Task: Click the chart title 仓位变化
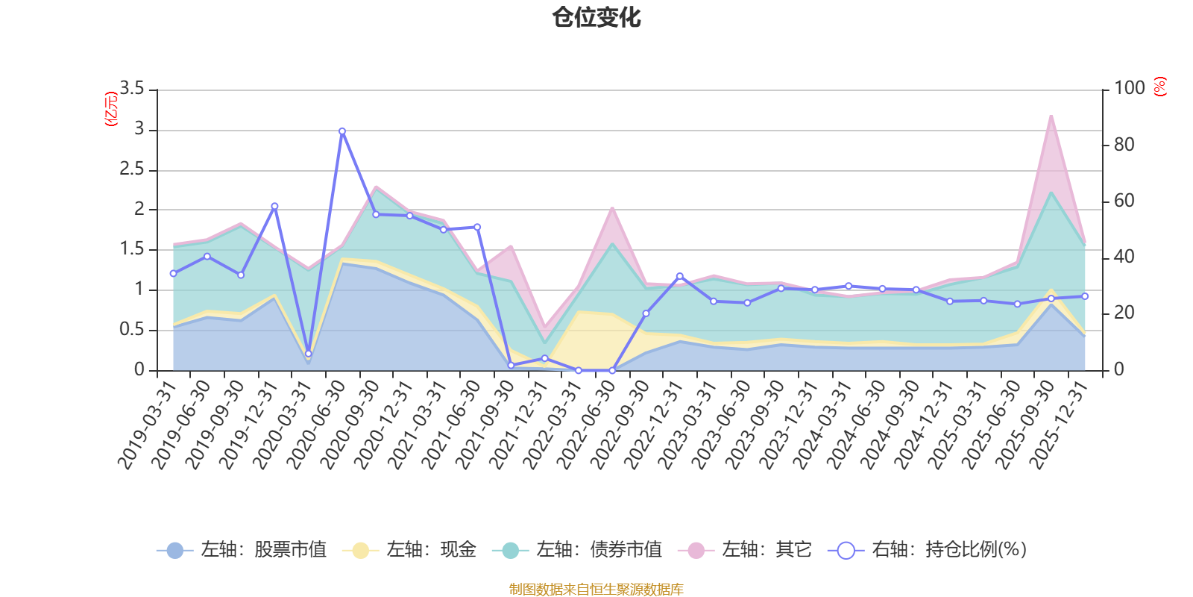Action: (596, 17)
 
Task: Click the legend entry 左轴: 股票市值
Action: (242, 550)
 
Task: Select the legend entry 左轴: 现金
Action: (409, 550)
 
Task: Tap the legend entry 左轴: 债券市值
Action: (577, 550)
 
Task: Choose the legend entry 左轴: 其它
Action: (745, 550)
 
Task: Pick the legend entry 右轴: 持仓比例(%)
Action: (928, 550)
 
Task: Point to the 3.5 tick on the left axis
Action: (132, 89)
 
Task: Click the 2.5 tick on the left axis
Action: (132, 169)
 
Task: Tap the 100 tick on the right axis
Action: (1129, 88)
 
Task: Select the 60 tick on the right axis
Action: (1124, 201)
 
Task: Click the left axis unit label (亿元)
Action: (111, 109)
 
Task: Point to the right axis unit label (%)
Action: (1159, 87)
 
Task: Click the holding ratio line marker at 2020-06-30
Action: (342, 131)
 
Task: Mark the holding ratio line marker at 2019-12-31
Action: (274, 206)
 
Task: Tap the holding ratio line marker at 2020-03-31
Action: (308, 354)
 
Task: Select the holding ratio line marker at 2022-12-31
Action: (679, 276)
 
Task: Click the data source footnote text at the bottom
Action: (596, 590)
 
